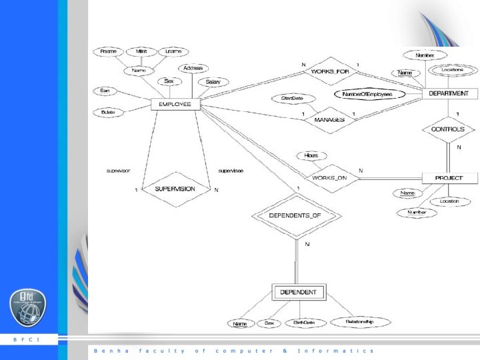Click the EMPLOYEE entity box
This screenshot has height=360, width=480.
click(x=175, y=105)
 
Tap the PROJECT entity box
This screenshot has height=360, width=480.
click(x=451, y=178)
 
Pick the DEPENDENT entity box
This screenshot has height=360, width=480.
click(x=299, y=292)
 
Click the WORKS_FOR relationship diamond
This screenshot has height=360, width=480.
click(x=329, y=71)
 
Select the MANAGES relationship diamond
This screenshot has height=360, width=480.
click(x=329, y=119)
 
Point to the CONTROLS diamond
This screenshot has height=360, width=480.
click(x=448, y=129)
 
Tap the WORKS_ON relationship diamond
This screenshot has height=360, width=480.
click(x=329, y=178)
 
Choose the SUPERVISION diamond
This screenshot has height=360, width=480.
click(x=175, y=189)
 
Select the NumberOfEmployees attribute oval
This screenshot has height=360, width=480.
click(x=371, y=95)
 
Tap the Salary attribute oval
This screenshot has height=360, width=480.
click(x=213, y=82)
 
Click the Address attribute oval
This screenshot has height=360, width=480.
click(x=193, y=68)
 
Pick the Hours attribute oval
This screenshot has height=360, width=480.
click(x=311, y=155)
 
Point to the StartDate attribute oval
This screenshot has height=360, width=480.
click(x=288, y=99)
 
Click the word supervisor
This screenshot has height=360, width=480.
click(x=119, y=171)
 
